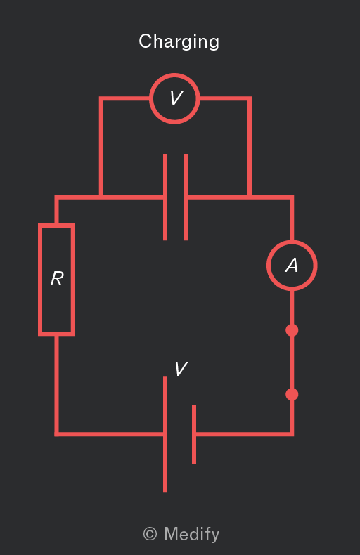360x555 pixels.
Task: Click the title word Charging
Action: click(x=179, y=41)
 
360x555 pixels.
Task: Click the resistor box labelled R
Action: click(x=39, y=280)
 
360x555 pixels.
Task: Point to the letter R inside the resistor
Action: click(x=57, y=279)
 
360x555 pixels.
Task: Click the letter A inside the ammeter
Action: click(x=292, y=265)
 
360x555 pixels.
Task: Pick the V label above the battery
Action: click(x=181, y=369)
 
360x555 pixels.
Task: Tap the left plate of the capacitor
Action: click(x=165, y=197)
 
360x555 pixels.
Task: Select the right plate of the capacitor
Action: click(x=186, y=197)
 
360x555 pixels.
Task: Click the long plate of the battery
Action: click(x=165, y=434)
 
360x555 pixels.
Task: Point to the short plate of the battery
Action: click(x=194, y=434)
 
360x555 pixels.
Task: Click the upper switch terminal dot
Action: click(x=292, y=330)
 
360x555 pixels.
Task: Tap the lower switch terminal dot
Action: click(x=292, y=394)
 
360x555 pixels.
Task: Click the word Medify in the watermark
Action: click(x=192, y=534)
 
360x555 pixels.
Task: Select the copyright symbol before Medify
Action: click(x=150, y=534)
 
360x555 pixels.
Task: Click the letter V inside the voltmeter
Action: click(x=176, y=98)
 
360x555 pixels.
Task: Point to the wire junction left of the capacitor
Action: click(x=101, y=197)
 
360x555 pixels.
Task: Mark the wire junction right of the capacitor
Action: click(x=250, y=197)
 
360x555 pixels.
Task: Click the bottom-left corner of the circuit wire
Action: click(x=57, y=434)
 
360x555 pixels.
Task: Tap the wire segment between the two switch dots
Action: click(x=292, y=362)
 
